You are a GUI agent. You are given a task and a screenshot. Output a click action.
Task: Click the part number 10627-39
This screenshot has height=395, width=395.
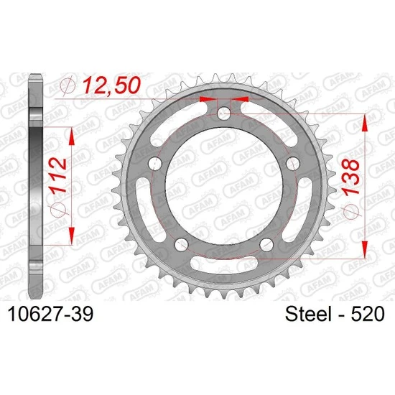coord(51,314)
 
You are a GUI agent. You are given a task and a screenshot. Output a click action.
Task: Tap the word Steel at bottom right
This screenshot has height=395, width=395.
coord(308,314)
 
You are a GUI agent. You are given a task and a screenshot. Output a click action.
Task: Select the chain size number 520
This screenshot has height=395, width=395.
coord(368,314)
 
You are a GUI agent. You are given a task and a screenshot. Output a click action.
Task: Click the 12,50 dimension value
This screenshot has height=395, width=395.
coord(111,85)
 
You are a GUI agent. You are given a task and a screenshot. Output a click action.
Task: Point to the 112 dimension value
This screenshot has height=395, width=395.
coord(58,175)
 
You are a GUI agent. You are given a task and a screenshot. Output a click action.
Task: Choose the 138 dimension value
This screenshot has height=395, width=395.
coord(350,177)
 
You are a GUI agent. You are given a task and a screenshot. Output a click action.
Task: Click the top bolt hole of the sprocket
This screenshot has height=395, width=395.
coord(223,113)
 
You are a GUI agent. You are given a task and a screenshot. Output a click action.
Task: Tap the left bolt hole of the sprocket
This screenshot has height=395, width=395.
coord(155,164)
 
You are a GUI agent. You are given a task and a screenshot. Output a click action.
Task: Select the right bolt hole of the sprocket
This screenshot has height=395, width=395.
coord(293,164)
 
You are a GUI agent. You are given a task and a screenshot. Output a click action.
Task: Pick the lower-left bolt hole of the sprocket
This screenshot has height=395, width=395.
coord(182,244)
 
